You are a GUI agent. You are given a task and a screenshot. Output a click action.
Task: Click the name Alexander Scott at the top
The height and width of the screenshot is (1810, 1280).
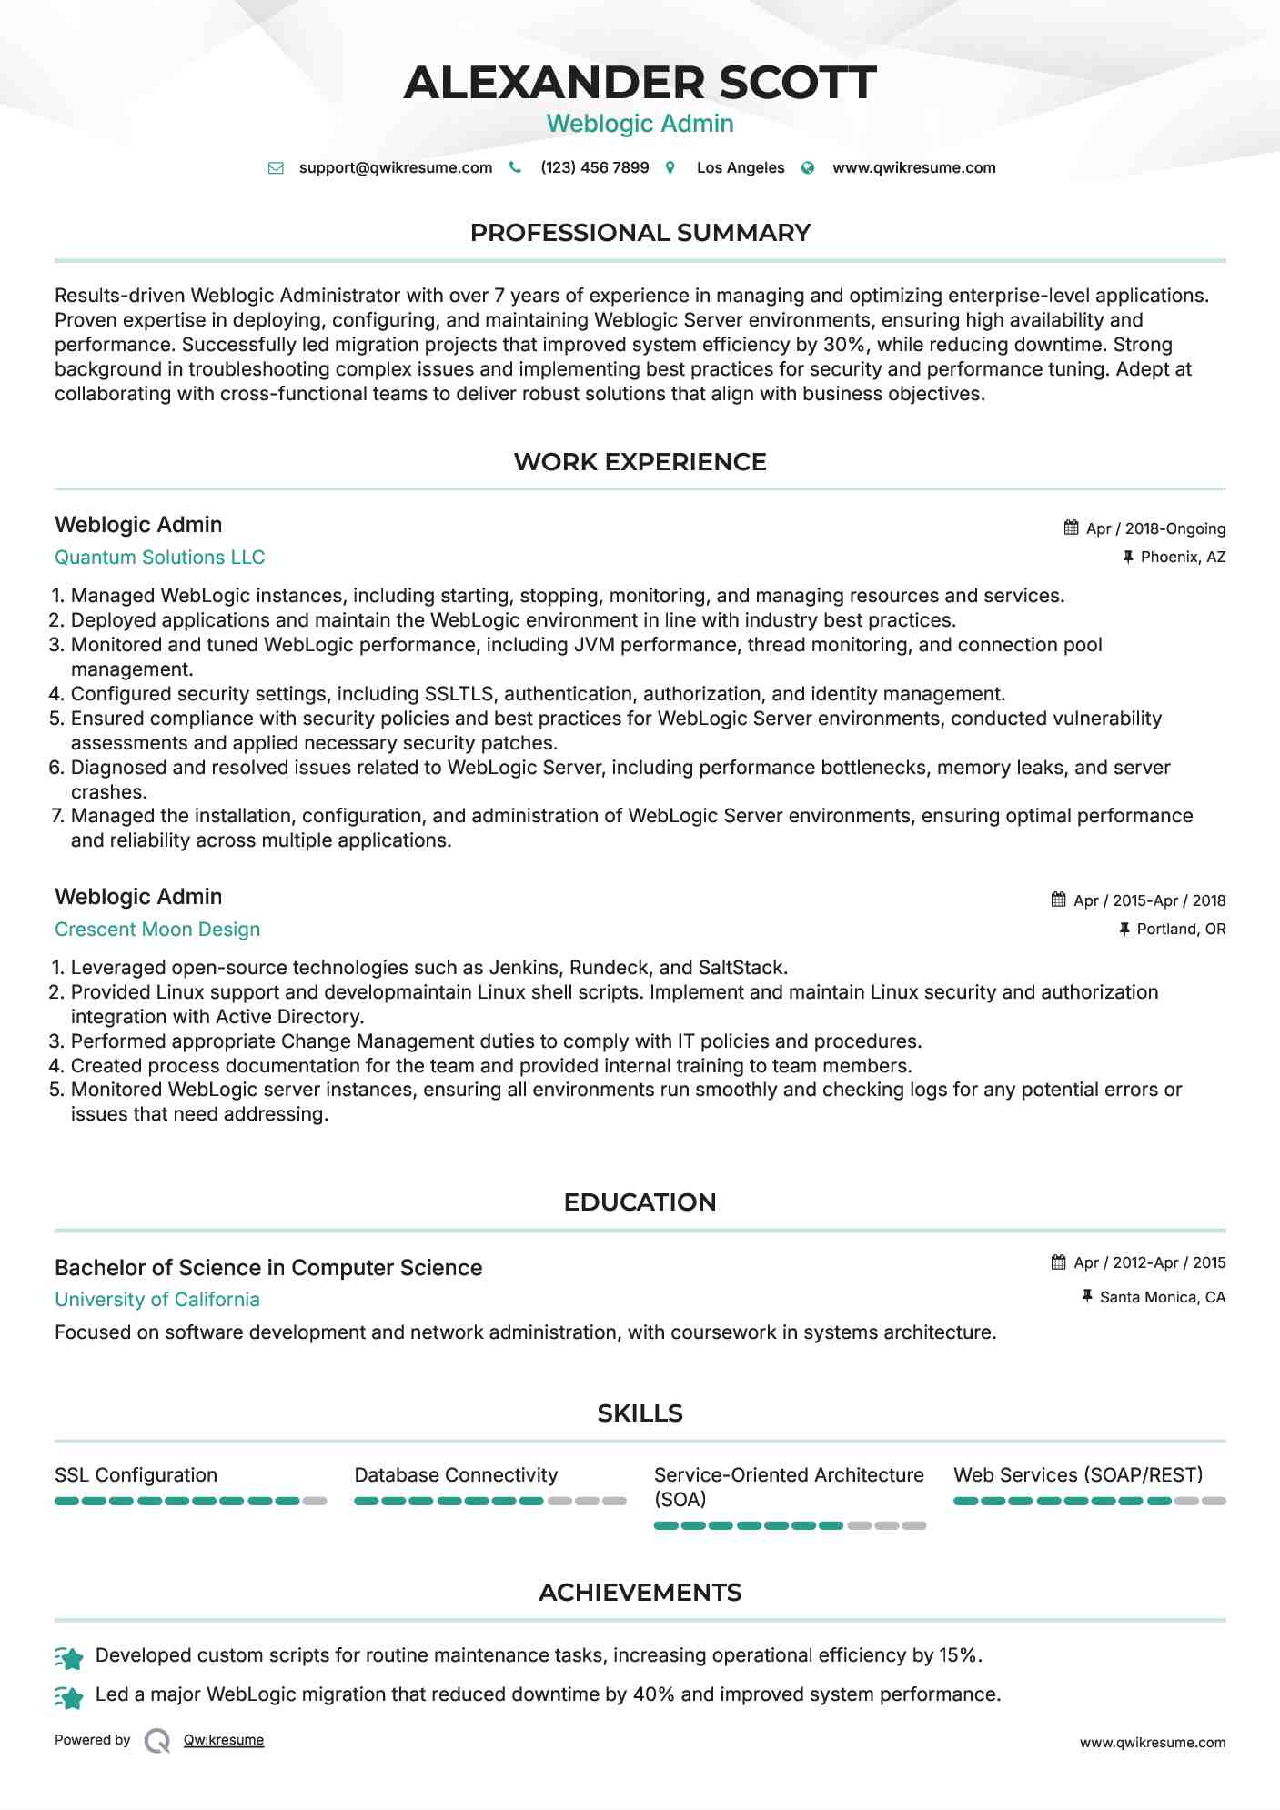(640, 82)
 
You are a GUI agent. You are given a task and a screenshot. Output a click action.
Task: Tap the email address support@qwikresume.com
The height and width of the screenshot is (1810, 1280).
(395, 167)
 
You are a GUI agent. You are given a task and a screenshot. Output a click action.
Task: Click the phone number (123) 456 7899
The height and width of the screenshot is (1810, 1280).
(594, 167)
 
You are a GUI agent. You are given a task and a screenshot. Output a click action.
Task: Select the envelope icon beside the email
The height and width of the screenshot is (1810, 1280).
(276, 168)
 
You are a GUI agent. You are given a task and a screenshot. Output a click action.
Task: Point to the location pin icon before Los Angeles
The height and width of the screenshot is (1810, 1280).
(670, 168)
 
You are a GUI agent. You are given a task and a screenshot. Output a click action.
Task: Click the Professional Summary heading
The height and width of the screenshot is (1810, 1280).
(640, 233)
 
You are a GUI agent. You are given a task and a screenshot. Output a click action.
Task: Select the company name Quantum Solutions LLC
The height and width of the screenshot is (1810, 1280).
(159, 558)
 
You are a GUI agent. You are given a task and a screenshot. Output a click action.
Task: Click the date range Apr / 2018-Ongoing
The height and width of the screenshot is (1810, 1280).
(1155, 528)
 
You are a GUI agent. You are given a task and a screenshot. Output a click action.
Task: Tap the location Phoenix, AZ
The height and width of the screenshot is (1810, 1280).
(1183, 557)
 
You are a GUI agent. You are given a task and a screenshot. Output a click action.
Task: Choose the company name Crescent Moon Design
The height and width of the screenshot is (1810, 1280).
(157, 930)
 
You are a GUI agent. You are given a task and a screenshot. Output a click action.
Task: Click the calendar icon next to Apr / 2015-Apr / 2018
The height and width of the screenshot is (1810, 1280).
(1058, 900)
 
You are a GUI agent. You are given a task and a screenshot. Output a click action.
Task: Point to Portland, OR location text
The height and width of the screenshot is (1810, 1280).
(1181, 929)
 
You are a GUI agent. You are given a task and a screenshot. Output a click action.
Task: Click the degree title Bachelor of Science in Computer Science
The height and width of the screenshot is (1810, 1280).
(268, 1268)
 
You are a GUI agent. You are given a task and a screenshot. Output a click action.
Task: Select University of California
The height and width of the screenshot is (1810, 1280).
(157, 1300)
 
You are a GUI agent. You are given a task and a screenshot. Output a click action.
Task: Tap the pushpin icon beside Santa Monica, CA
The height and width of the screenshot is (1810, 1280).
(1086, 1296)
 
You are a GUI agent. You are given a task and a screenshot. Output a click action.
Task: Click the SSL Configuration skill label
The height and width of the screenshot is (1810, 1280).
(136, 1475)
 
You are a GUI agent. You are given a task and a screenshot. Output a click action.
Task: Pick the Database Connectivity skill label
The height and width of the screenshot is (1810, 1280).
(456, 1475)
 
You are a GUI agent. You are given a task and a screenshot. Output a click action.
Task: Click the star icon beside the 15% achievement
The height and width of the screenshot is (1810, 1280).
(69, 1658)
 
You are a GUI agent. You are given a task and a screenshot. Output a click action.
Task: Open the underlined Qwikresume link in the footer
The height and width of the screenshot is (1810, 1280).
(224, 1740)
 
